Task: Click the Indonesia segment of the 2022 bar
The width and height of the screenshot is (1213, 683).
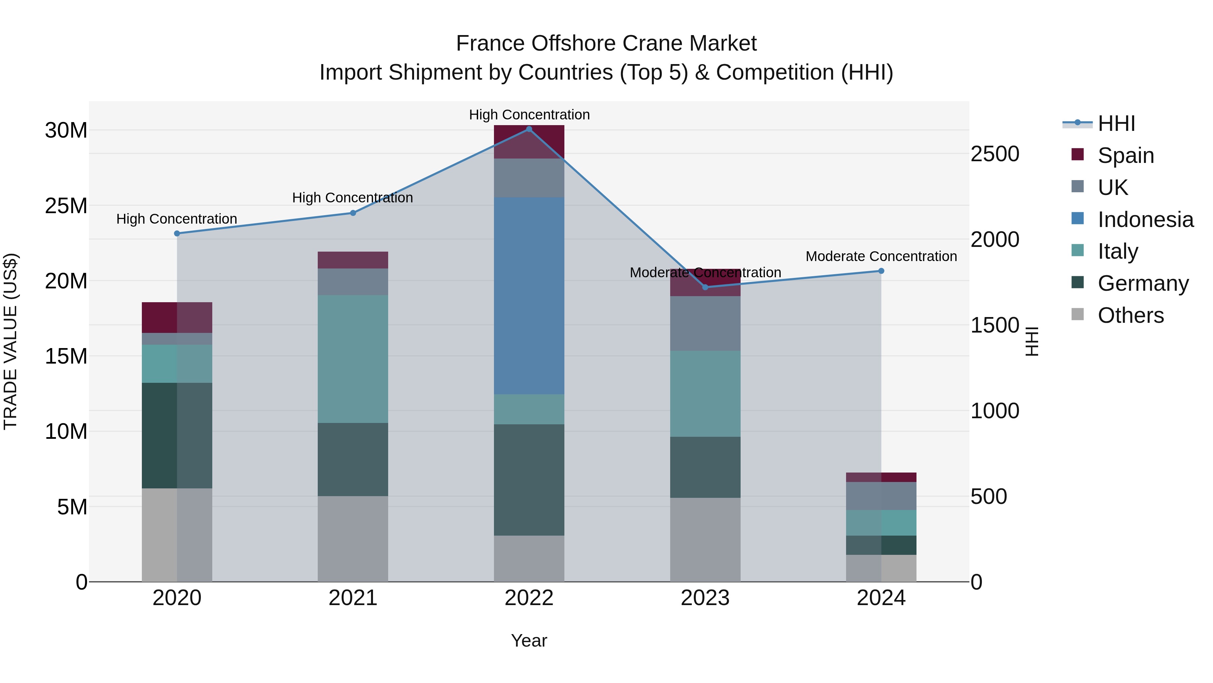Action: point(529,295)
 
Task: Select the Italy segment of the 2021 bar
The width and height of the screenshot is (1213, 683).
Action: point(353,359)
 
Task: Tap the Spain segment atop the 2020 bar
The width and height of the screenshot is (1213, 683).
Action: point(177,317)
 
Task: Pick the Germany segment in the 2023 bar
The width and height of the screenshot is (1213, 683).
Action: point(705,467)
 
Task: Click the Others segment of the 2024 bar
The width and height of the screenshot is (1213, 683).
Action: point(881,568)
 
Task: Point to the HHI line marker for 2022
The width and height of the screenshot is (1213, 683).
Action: point(529,129)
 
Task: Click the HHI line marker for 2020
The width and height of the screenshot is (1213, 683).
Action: point(177,233)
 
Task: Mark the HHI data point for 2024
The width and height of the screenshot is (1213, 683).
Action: point(881,271)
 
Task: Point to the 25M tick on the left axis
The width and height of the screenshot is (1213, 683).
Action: point(66,206)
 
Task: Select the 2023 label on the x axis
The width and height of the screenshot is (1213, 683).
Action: point(705,598)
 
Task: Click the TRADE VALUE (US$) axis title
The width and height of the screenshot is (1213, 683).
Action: point(11,341)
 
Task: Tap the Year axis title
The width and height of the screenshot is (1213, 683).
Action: point(529,641)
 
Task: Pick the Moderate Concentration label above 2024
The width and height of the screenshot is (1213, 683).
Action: point(881,256)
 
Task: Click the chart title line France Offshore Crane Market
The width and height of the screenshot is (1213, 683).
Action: point(606,44)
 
